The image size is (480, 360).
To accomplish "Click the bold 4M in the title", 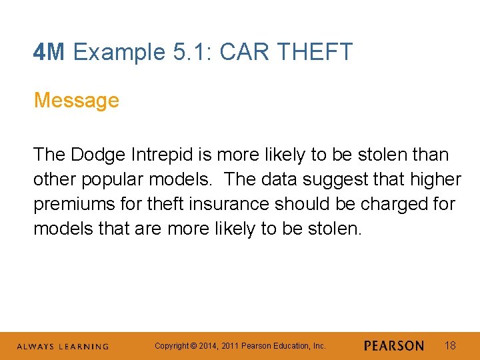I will pos(49,52).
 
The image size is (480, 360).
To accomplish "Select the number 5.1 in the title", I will pos(185,52).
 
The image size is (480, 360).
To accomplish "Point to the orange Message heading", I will pos(76,101).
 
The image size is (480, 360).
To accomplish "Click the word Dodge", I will pos(97,155).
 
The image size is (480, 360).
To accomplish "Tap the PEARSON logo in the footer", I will pos(394,346).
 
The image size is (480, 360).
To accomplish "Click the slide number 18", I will pos(450,345).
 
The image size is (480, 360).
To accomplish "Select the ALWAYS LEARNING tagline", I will pos(62,347).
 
